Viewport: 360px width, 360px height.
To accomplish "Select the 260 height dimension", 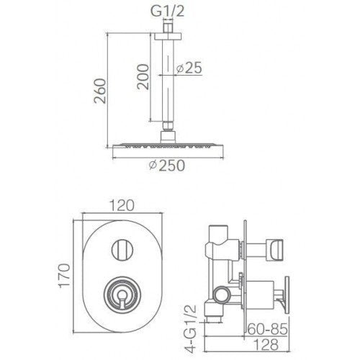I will point(102,89).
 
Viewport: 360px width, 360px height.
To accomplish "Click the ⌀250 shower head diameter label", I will point(166,165).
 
